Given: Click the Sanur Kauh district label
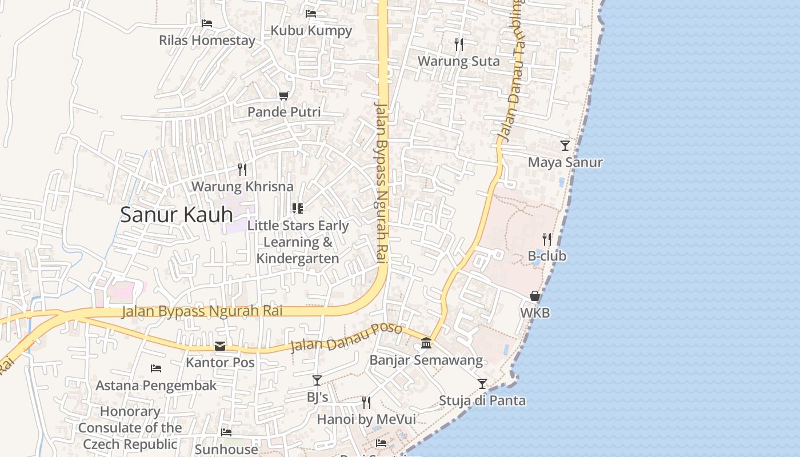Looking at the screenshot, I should click(177, 215).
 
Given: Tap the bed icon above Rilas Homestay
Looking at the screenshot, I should click(207, 23).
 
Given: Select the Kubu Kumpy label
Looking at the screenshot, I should click(311, 30).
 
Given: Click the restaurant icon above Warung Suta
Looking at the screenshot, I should click(459, 44).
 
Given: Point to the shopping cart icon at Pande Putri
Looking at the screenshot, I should click(284, 95).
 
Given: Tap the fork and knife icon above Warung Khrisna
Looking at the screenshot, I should click(242, 169).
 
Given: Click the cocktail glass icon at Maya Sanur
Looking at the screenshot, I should click(565, 146).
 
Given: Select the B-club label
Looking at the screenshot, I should click(547, 256).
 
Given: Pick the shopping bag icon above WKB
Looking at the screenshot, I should click(535, 296).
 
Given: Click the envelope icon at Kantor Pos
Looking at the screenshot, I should click(220, 346).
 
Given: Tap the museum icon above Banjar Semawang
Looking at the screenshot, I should click(426, 343).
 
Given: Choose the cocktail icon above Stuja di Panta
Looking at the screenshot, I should click(482, 383).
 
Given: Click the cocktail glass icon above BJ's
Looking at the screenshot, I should click(317, 380).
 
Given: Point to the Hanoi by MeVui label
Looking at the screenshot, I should click(366, 419).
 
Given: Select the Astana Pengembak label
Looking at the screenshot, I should click(156, 386).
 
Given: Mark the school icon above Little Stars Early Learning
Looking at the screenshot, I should click(297, 208).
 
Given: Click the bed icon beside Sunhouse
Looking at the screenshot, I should click(226, 432).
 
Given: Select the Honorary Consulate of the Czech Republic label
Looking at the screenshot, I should click(130, 428).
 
